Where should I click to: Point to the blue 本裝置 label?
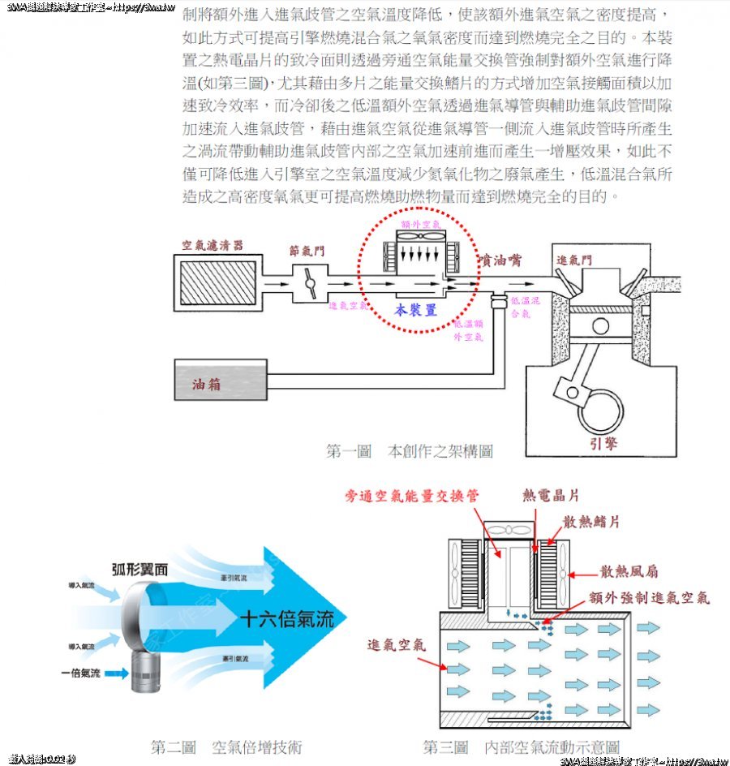click(416, 310)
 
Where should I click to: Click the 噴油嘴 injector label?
click(500, 260)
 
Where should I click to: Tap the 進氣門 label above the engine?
click(574, 260)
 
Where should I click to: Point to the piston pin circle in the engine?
click(600, 327)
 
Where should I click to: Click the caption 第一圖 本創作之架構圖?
click(409, 450)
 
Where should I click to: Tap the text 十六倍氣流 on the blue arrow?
click(287, 621)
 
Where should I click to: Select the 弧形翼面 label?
click(140, 570)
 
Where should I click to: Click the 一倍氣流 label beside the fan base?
click(80, 673)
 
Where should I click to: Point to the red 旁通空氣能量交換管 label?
click(412, 496)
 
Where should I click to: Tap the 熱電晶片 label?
click(551, 496)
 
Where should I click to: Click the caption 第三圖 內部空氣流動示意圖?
click(522, 747)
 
